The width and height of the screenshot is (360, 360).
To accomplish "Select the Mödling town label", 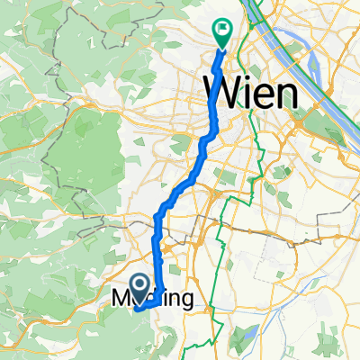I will [x=151, y=299].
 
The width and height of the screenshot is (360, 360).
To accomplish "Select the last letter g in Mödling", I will [x=184, y=301].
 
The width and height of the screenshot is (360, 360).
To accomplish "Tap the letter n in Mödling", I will [x=175, y=299].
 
